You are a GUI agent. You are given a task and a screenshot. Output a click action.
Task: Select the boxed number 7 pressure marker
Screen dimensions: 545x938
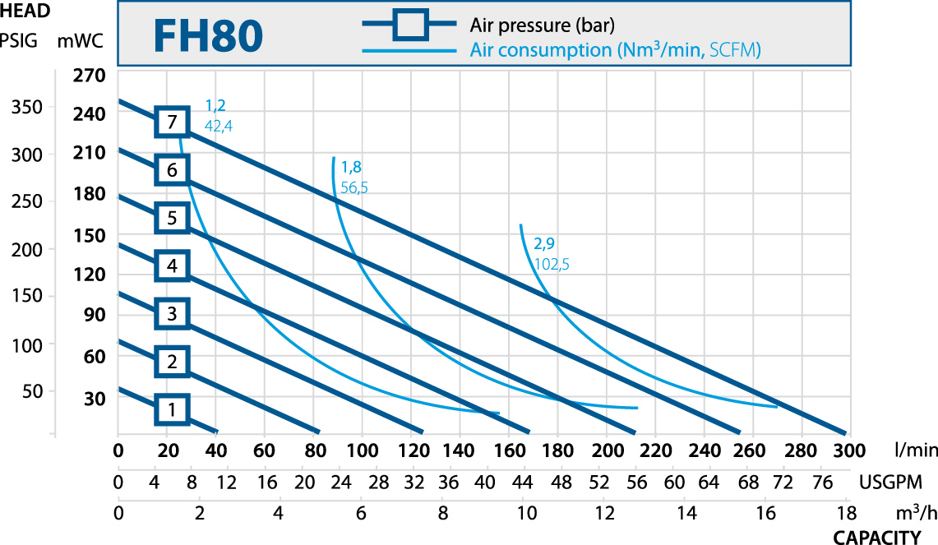point(172,122)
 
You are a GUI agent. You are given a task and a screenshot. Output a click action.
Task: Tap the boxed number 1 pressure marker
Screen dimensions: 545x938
point(172,409)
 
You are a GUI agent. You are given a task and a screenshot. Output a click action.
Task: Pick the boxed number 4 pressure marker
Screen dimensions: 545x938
point(172,266)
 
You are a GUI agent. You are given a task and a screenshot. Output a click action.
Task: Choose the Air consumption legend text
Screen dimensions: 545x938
point(616,50)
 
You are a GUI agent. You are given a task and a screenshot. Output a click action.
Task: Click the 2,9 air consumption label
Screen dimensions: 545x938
point(545,244)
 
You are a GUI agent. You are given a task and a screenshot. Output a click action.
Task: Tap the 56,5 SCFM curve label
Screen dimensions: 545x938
point(353,187)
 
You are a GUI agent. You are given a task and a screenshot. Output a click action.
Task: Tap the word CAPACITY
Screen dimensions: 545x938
point(877,538)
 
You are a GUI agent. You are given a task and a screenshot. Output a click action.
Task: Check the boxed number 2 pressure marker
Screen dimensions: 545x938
point(172,361)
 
